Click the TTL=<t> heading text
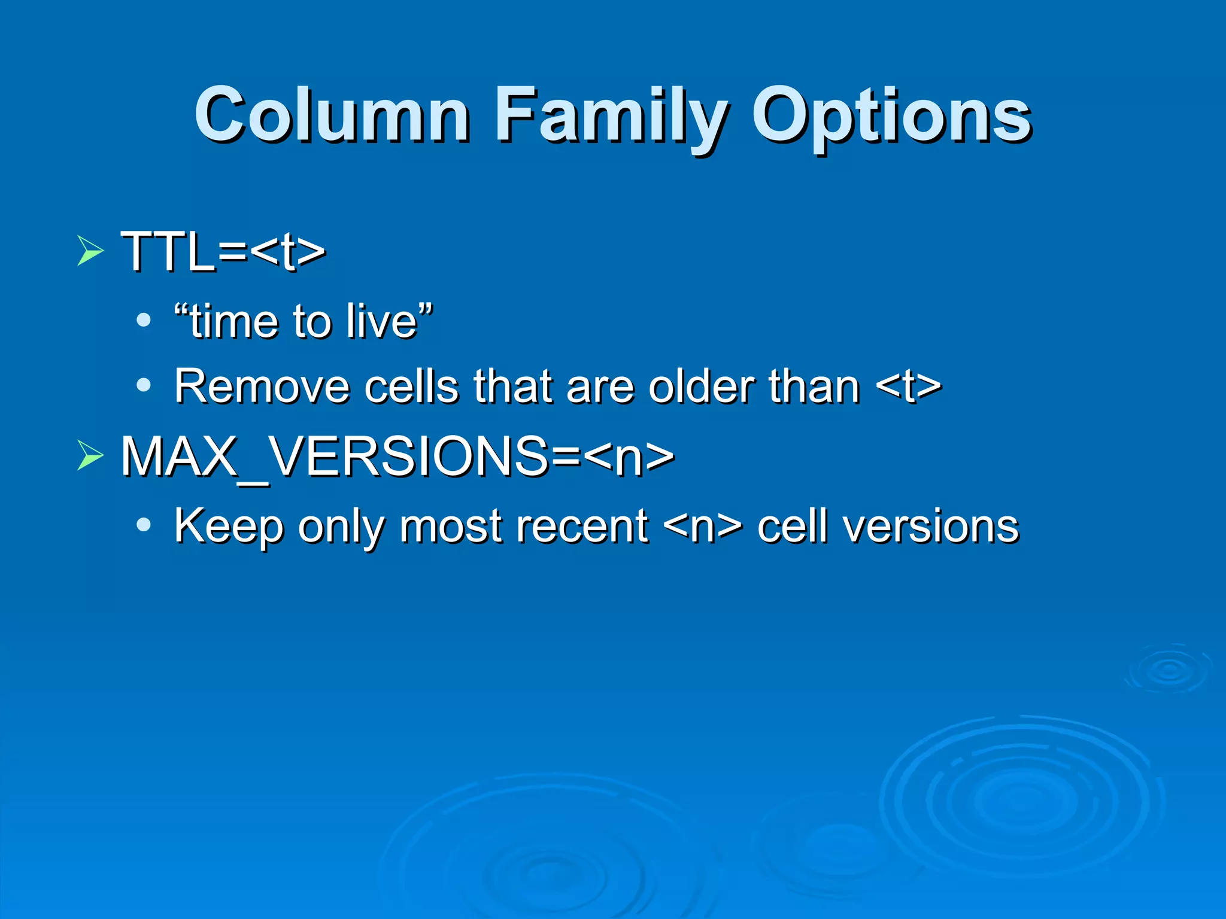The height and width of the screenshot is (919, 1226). [223, 251]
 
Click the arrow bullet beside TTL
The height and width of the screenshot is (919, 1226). [90, 250]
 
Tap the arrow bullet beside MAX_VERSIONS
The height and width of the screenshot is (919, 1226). [90, 456]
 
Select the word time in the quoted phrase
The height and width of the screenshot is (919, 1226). [234, 321]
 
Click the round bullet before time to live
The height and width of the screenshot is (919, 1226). [143, 320]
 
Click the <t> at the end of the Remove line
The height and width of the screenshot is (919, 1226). [908, 387]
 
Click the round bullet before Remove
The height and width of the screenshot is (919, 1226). [143, 385]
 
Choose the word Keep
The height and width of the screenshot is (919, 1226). [229, 527]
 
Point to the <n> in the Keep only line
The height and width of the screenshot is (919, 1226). [703, 527]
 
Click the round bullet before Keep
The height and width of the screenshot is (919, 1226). [143, 525]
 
